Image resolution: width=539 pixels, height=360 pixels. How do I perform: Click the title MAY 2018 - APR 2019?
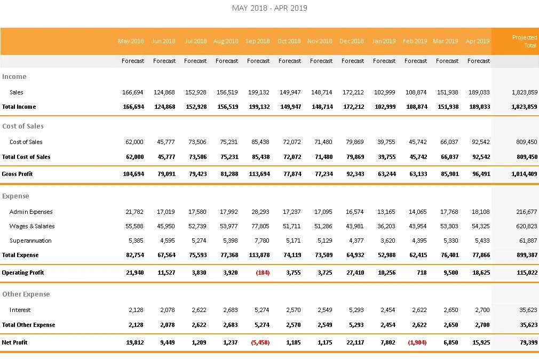[269, 8]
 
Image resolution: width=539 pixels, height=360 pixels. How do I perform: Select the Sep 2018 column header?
[258, 41]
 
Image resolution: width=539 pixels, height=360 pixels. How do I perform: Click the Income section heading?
[14, 77]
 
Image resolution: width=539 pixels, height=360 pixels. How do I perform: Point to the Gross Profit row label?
[18, 174]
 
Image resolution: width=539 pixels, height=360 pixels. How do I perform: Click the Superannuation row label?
[30, 241]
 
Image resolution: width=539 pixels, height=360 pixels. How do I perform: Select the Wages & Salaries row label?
[32, 226]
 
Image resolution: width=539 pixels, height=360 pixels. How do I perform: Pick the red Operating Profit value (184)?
[263, 273]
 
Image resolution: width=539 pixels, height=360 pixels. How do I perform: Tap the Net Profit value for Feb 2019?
[417, 342]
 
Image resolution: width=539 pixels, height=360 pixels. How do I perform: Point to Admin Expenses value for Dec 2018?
[354, 212]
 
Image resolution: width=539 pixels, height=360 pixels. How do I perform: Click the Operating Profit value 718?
[422, 273]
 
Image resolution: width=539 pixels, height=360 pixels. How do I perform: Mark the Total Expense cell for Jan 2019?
[385, 255]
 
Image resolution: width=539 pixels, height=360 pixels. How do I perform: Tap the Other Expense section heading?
[26, 294]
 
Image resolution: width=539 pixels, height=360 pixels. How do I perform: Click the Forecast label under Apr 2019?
[478, 61]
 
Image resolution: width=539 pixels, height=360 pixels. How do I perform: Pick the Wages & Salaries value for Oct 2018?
[291, 226]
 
